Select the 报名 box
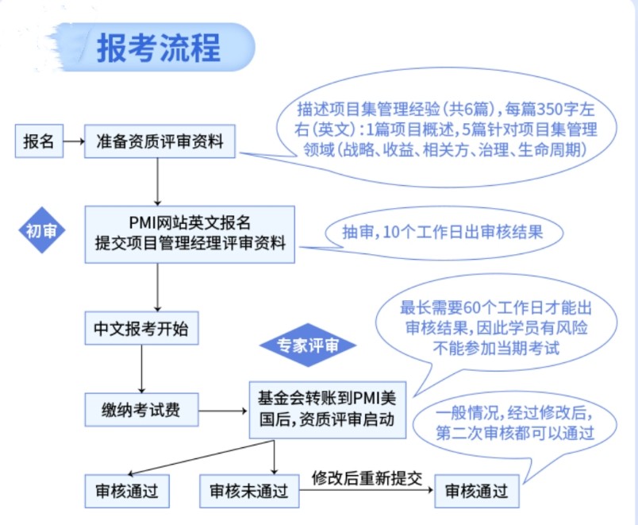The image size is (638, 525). coord(39,142)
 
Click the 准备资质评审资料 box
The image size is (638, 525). coord(159,142)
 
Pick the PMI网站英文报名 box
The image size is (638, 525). coord(190,234)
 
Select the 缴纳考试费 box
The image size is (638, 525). coord(140,410)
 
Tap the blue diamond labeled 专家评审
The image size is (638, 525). coord(307,345)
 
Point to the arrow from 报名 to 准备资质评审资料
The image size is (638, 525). coord(73,142)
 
